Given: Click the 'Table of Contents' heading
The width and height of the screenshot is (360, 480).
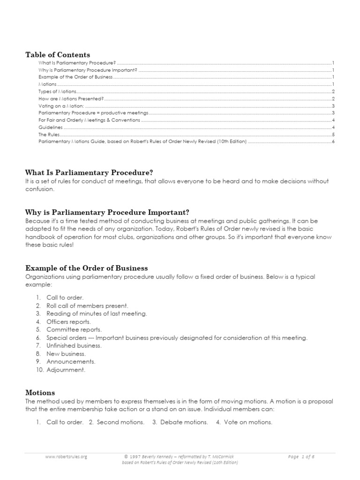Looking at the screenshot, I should pyautogui.click(x=58, y=55).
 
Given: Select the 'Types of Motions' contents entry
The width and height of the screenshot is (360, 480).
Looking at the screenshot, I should pyautogui.click(x=58, y=91).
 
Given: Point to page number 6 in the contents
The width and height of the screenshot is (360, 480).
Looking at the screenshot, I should pyautogui.click(x=332, y=142).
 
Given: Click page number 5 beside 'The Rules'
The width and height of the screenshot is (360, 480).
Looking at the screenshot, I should pyautogui.click(x=332, y=135).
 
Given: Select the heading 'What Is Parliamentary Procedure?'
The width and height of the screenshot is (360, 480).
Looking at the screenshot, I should pyautogui.click(x=89, y=172).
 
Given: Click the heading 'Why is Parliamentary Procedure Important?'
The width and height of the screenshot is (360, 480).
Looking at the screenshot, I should pyautogui.click(x=107, y=212).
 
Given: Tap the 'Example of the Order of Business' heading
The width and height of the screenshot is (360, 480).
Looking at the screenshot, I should pyautogui.click(x=86, y=268).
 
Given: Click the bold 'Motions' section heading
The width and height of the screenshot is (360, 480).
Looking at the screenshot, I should pyautogui.click(x=40, y=392).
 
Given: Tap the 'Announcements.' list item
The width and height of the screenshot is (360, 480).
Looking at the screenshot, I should pyautogui.click(x=71, y=361).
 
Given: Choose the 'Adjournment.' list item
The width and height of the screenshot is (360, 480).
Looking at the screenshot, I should pyautogui.click(x=66, y=369).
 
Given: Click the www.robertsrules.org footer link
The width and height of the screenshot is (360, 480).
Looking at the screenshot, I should pyautogui.click(x=66, y=456).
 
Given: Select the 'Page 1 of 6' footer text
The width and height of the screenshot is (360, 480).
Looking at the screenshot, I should pyautogui.click(x=302, y=456).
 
